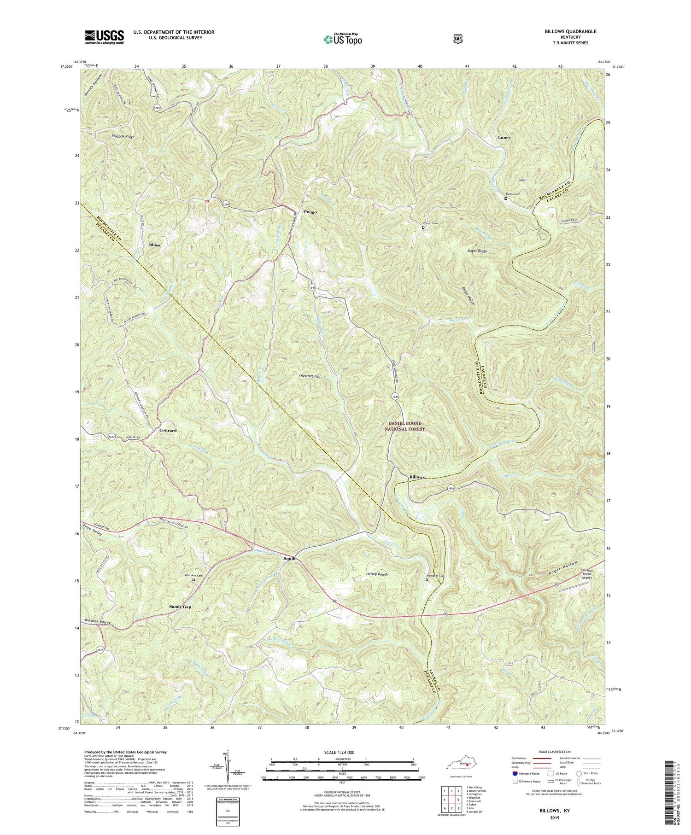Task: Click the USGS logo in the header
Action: (x=104, y=37)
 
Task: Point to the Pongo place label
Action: (x=310, y=212)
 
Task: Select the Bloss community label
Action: (x=154, y=245)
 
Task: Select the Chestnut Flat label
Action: (x=310, y=376)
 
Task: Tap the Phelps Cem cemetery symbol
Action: (x=423, y=228)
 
